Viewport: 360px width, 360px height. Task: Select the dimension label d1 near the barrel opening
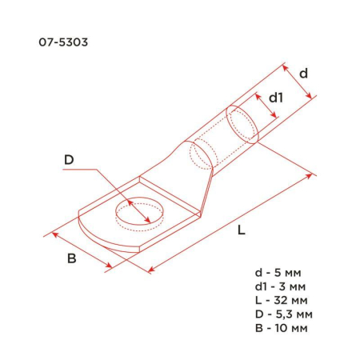(275, 98)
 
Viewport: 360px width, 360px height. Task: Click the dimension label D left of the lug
(69, 160)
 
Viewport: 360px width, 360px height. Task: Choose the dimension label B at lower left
(71, 259)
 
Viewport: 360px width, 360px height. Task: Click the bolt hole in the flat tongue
(137, 212)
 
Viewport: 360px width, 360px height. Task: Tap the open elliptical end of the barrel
(242, 124)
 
